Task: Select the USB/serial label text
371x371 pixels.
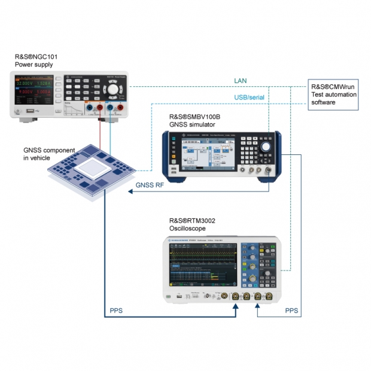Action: point(249,97)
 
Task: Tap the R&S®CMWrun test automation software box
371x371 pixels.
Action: point(333,95)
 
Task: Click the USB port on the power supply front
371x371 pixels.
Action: point(29,111)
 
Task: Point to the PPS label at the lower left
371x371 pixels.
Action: point(117,311)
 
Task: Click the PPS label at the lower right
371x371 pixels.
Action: point(291,311)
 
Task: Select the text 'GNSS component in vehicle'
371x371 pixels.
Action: point(48,154)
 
